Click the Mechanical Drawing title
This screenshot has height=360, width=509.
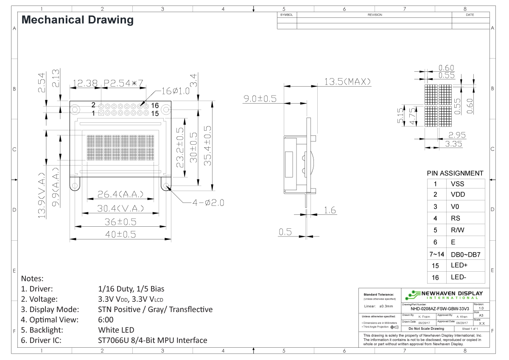coord(77,20)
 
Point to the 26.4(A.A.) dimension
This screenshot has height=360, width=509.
coord(120,194)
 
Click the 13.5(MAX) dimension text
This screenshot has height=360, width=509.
coord(347,82)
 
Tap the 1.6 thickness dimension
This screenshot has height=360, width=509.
coord(330,210)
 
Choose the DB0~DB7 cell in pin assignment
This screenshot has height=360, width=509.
coord(464,254)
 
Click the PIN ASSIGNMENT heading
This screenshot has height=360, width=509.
coord(455,173)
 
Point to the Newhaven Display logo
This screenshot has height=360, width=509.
coord(445,294)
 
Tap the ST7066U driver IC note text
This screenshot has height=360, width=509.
coord(152,340)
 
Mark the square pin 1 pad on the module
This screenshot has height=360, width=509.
coord(101,113)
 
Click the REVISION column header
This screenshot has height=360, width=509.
coord(375,15)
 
